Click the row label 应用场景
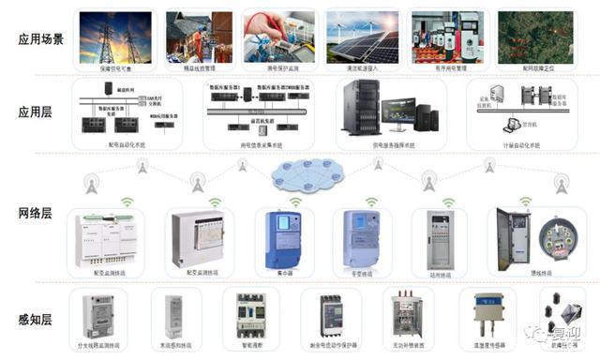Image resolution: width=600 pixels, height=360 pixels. tap(40, 39)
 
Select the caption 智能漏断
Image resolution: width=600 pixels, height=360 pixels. tap(250, 346)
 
